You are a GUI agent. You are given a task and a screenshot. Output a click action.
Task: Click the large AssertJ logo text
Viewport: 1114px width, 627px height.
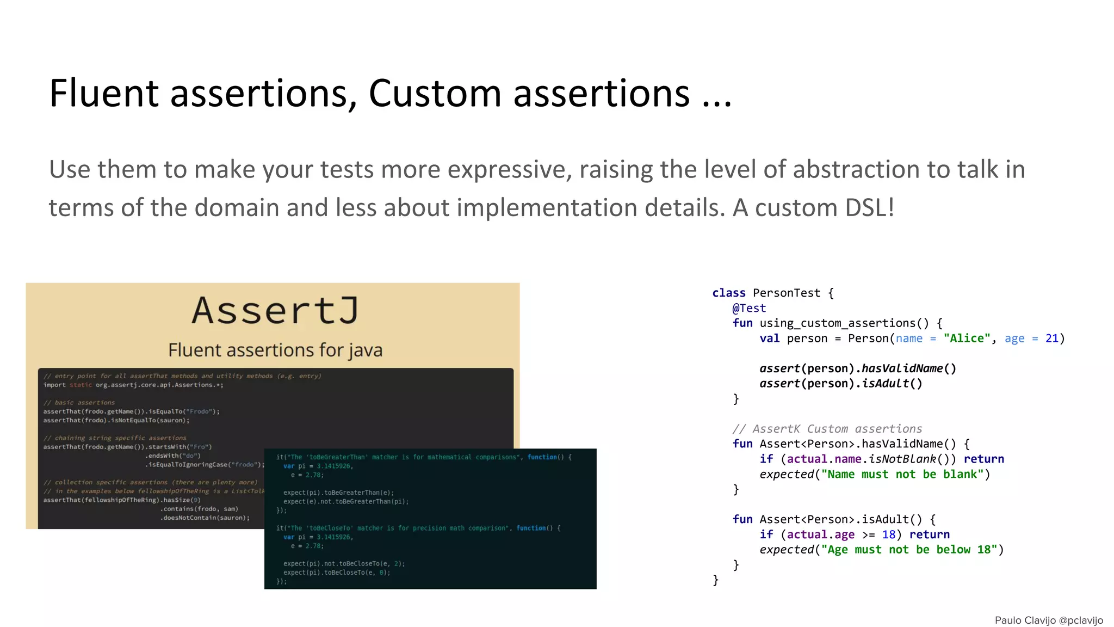(x=275, y=311)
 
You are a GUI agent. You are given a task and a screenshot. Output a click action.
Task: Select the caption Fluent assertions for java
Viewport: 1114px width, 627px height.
(x=275, y=350)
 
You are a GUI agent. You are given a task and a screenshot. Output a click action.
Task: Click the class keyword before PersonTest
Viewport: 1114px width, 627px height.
(x=729, y=293)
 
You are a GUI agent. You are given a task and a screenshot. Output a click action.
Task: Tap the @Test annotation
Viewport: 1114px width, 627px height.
(x=749, y=308)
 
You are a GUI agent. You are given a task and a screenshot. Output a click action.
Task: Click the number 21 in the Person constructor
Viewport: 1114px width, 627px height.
(x=1052, y=339)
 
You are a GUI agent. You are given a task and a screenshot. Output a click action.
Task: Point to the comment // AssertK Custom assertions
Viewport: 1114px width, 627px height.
(x=827, y=429)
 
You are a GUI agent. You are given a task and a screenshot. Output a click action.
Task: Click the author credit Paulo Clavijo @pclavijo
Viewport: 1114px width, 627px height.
(x=1049, y=620)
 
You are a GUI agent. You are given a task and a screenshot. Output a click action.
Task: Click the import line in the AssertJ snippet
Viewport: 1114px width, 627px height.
(x=133, y=385)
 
